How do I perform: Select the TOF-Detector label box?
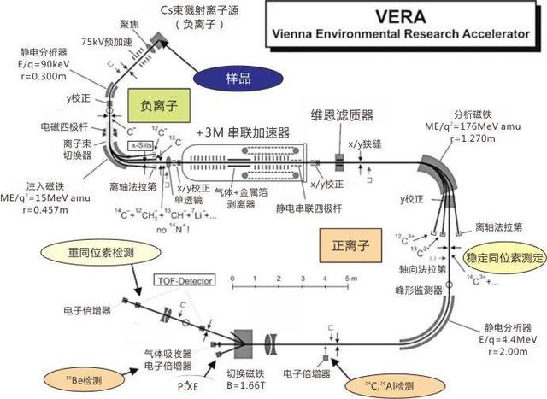[185, 279]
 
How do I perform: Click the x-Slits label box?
[142, 146]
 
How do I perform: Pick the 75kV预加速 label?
[85, 41]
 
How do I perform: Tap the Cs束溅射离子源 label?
[197, 9]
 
